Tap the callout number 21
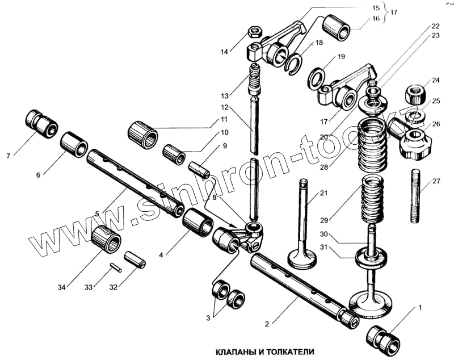pos(323,194)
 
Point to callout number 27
pos(436,182)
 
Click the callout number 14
pos(224,52)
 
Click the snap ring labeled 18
pos(297,63)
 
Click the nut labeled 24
pos(417,91)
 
